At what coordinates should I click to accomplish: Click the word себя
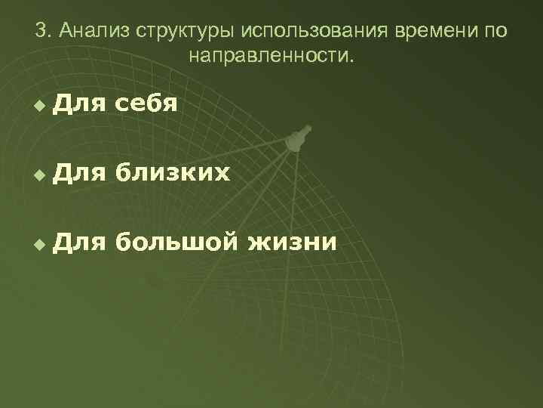click(146, 104)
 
